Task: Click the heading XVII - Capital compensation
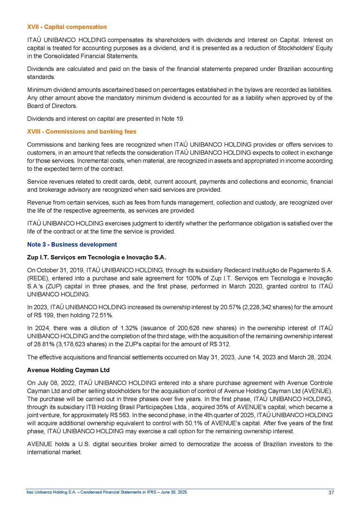pyautogui.click(x=66, y=27)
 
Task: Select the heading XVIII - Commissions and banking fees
pyautogui.click(x=81, y=131)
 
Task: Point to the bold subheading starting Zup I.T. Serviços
pyautogui.click(x=96, y=258)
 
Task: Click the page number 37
pyautogui.click(x=331, y=493)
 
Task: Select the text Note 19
pyautogui.click(x=174, y=118)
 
